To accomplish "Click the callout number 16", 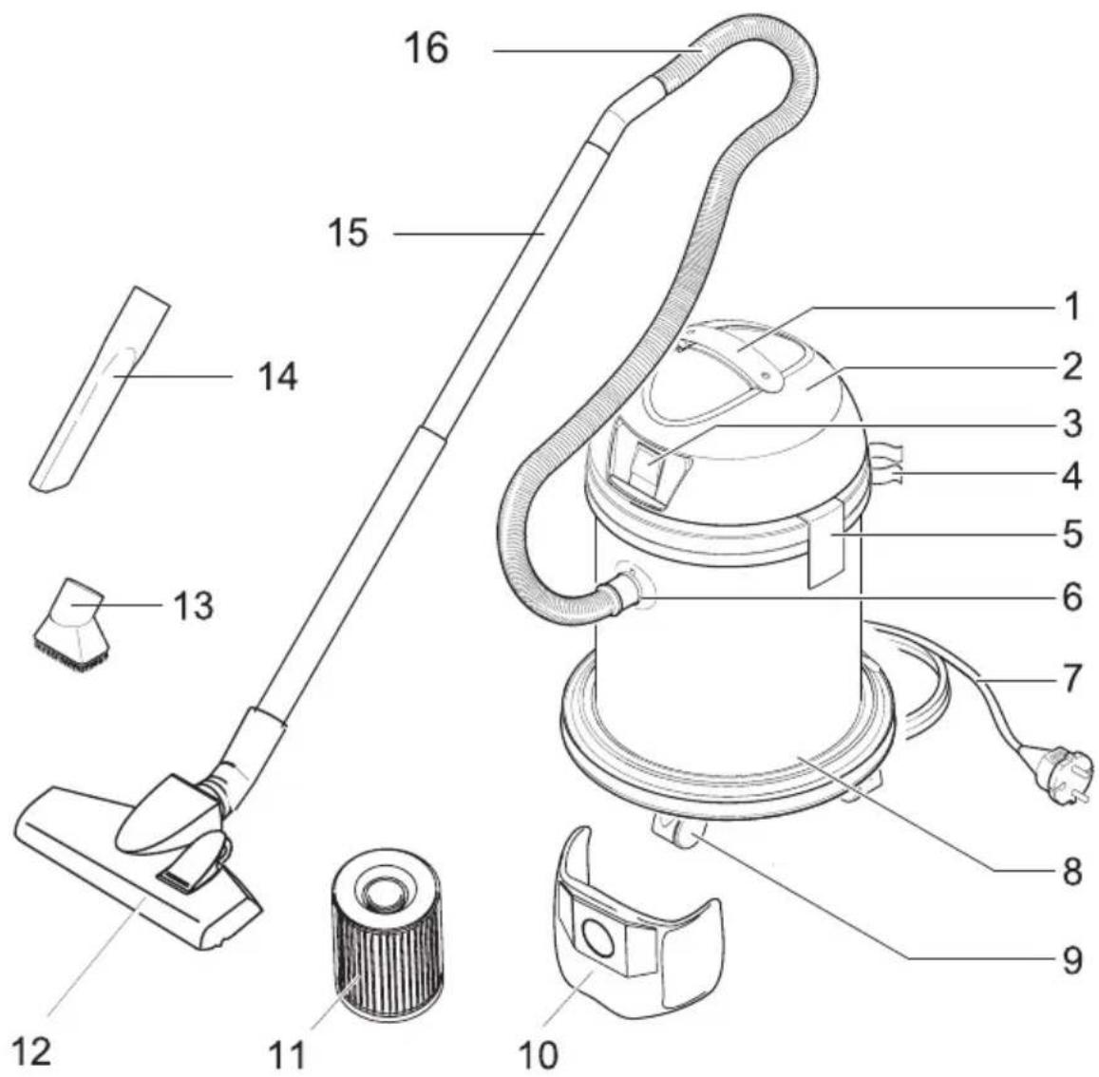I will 426,47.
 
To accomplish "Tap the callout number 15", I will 348,231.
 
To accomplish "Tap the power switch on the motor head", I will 649,465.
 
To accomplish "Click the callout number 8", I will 1071,869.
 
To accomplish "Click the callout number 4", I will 1071,475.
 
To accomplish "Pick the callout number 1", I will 1071,307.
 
